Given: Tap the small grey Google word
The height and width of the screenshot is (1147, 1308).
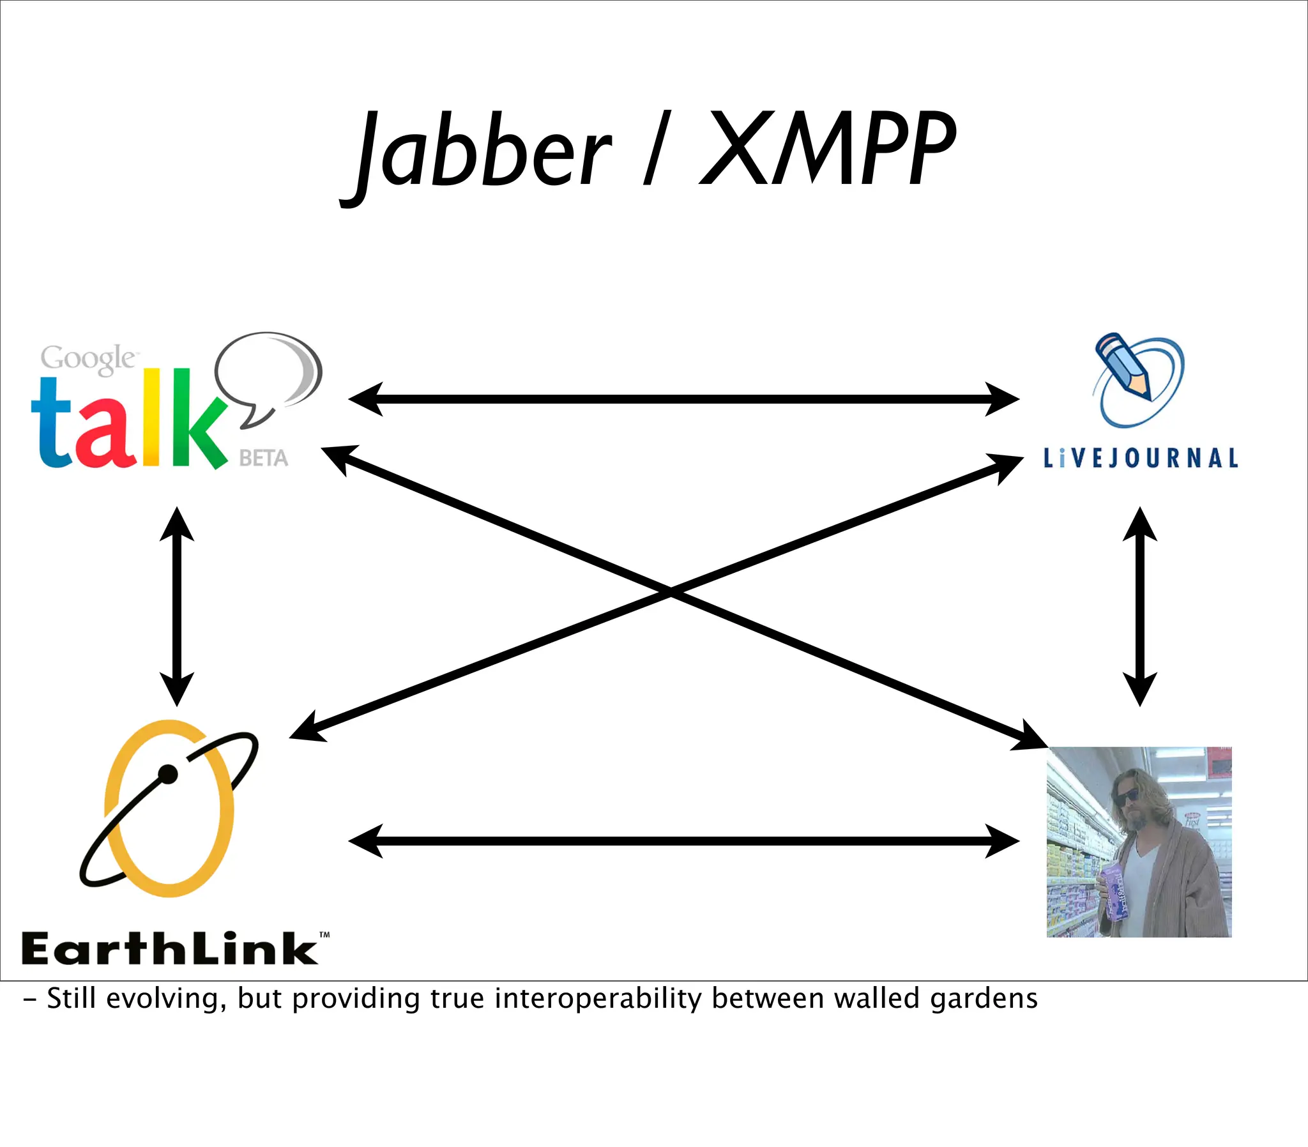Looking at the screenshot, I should coord(87,358).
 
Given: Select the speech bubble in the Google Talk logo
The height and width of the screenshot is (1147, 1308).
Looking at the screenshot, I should coord(269,371).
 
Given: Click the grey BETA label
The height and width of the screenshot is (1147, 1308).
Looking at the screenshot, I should coord(264,459).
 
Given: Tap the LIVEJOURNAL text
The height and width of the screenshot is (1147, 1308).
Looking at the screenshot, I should coord(1140,459).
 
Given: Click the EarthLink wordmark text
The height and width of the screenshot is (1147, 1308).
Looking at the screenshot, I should coord(170,948).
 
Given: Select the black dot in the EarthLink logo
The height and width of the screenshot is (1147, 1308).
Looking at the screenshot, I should coord(168,775).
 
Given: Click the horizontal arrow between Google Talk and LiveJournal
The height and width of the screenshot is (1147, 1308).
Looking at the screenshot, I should coord(683,399).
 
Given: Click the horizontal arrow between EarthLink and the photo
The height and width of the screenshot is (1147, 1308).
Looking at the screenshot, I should coord(683,840).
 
